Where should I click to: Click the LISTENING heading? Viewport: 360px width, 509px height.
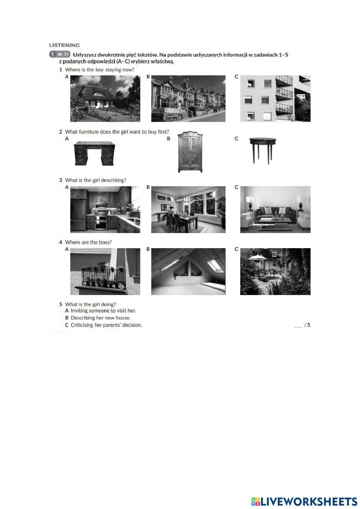64,45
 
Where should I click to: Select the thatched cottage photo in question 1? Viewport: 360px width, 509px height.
105,98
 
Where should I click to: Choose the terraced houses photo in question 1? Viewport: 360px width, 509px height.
188,98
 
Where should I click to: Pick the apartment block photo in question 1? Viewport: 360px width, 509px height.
275,98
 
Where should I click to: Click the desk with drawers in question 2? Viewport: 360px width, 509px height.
95,153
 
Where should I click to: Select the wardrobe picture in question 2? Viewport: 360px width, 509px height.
190,151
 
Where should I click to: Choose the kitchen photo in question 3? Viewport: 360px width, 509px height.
105,209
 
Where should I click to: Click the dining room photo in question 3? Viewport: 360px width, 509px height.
188,209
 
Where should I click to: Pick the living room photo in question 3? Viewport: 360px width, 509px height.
275,209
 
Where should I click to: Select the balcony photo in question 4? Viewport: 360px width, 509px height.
105,271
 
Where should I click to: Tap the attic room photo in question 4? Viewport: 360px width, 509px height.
188,271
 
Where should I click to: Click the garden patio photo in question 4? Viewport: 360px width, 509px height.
275,271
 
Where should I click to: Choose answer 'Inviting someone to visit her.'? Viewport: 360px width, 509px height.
103,311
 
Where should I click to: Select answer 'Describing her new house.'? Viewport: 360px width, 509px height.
100,318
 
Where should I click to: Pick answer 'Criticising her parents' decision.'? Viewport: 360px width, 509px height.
106,325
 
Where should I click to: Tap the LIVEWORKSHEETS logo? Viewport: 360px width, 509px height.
304,501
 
